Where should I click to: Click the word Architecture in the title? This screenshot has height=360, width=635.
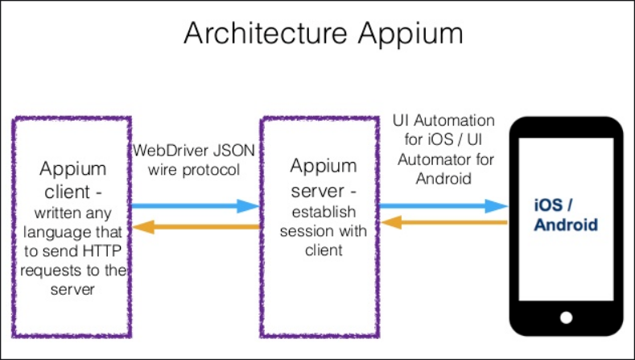(x=266, y=32)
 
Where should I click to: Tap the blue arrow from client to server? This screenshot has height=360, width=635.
(x=196, y=206)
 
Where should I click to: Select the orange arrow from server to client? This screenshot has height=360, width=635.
(x=196, y=227)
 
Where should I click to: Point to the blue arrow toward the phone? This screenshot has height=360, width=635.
(x=443, y=206)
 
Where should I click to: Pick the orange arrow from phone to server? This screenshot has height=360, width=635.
(x=444, y=222)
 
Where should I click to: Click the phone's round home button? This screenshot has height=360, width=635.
(x=566, y=317)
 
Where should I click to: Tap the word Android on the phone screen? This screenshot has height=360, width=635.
(x=566, y=225)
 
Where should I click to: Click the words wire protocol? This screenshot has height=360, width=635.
(x=194, y=170)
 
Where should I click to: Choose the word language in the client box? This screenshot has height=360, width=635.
(x=50, y=233)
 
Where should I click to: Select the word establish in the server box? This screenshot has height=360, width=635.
(x=324, y=212)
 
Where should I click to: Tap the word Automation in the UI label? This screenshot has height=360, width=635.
(x=455, y=121)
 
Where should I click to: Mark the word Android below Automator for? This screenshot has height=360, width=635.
(x=443, y=179)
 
